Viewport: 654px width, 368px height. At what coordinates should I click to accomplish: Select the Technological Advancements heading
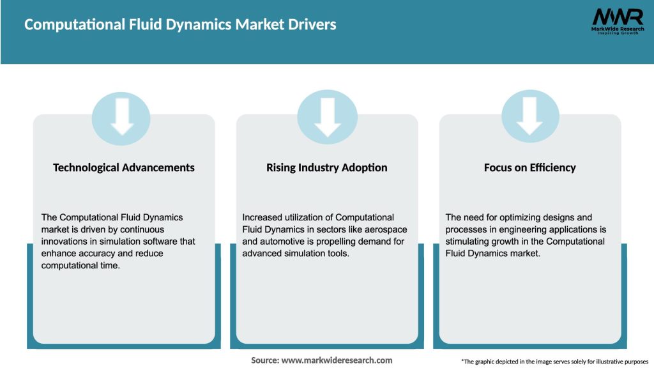(x=124, y=167)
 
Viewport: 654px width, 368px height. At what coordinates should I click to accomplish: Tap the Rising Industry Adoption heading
(x=327, y=167)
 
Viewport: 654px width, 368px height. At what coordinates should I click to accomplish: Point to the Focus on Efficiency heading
(x=529, y=167)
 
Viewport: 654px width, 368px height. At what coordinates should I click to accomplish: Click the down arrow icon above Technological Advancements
(x=121, y=118)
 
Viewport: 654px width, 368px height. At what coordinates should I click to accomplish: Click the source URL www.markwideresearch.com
(x=337, y=360)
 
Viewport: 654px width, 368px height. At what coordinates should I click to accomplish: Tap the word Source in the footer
(x=264, y=360)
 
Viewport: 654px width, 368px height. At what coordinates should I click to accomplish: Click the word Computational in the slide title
(x=69, y=25)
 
